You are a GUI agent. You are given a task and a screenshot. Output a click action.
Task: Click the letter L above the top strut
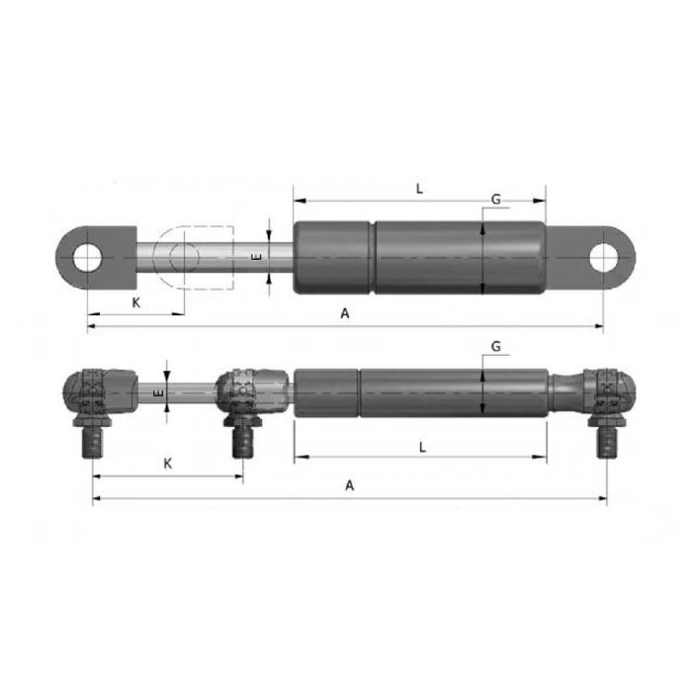(419, 188)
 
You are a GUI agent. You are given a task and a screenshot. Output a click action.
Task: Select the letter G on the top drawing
(495, 201)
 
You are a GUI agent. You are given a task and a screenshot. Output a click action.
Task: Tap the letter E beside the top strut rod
(256, 257)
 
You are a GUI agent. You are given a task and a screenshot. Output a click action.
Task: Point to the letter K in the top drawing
(135, 303)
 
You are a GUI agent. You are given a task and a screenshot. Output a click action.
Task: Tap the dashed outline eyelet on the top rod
(184, 257)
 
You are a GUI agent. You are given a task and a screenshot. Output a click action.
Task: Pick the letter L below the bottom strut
(422, 446)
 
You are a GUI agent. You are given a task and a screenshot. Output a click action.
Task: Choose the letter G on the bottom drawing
(495, 346)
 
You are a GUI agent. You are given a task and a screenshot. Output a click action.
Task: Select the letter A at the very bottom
(348, 485)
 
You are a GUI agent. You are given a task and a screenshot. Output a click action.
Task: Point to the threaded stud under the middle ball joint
(240, 440)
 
